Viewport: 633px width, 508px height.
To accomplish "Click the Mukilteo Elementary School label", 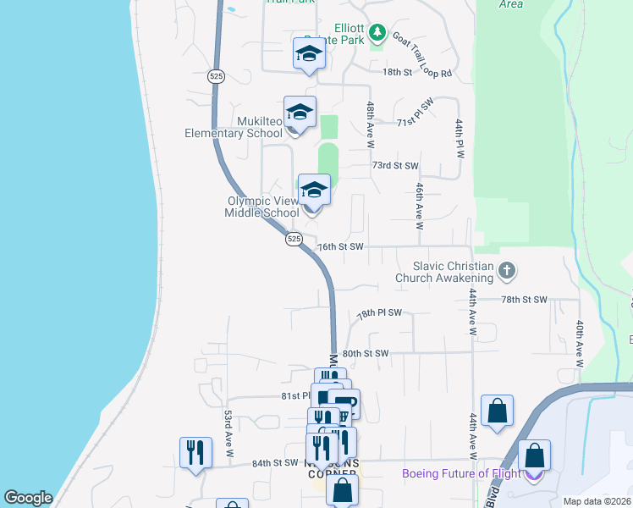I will click(x=234, y=127).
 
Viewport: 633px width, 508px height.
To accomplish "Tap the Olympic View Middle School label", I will click(x=261, y=207).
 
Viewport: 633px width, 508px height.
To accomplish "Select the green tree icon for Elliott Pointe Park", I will click(x=377, y=35).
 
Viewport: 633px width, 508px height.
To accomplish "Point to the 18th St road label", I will click(x=396, y=73).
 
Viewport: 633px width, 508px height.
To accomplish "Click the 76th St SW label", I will click(x=339, y=246).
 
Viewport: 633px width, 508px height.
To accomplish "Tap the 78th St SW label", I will click(x=524, y=300).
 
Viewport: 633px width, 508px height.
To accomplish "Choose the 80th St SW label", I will click(x=365, y=353).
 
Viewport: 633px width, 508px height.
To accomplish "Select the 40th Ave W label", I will click(x=581, y=343).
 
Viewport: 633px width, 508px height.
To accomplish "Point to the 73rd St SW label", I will click(x=395, y=166).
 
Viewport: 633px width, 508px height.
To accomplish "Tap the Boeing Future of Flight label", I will click(x=461, y=473).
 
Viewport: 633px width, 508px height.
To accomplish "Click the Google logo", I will click(x=28, y=498).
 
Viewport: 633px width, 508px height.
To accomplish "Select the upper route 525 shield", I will click(x=214, y=76).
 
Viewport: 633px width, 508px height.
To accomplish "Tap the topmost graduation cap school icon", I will click(x=309, y=53).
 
